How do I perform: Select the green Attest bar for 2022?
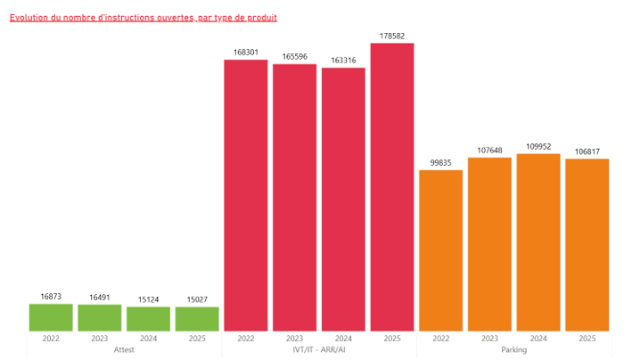coord(51,318)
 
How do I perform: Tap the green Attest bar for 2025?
coord(197,319)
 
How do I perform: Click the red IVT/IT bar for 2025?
coord(392,187)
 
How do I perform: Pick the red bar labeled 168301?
coord(245,196)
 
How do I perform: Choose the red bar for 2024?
coord(343,200)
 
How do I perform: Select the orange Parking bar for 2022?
coord(441,250)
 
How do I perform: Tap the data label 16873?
coord(51,297)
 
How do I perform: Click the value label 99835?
coord(441,163)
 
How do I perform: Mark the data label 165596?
coord(294,57)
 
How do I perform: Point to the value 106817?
coord(587,151)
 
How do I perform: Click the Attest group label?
coord(124,350)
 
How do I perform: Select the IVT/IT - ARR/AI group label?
coord(319,350)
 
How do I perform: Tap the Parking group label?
coord(514,350)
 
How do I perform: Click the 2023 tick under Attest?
coord(100,339)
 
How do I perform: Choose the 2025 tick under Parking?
coord(587,339)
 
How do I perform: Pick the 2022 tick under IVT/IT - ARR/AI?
coord(245,339)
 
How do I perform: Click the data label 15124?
coord(148,299)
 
